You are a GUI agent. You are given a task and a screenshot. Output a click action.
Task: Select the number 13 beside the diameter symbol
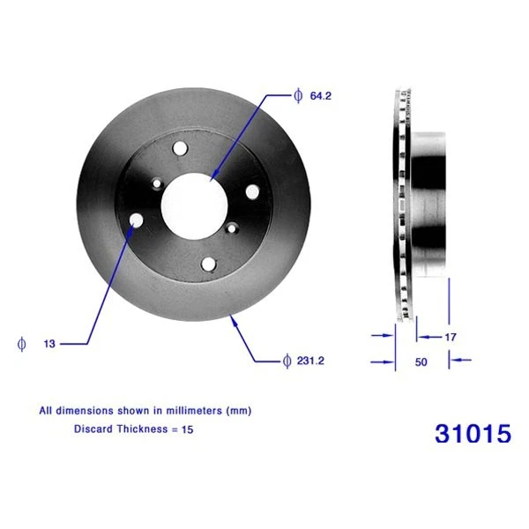(x=49, y=344)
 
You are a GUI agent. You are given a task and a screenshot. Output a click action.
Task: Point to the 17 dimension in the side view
(x=449, y=336)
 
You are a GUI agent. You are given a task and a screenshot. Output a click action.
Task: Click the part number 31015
(x=473, y=434)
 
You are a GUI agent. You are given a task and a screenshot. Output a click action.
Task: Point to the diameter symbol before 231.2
(x=287, y=360)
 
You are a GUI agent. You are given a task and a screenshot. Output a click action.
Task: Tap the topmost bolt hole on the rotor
(x=182, y=149)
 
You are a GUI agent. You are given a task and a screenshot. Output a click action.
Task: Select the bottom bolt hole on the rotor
(x=207, y=264)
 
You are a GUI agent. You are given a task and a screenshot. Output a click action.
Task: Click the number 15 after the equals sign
(x=186, y=429)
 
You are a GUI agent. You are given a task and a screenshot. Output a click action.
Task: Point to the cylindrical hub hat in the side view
(x=430, y=202)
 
